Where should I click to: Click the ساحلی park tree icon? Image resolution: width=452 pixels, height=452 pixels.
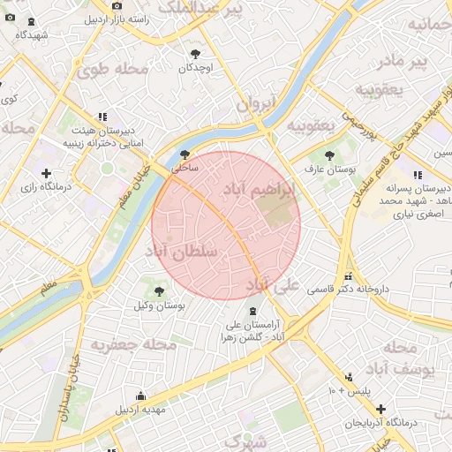coord(184,152)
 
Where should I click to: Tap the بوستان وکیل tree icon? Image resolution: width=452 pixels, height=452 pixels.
coord(160,290)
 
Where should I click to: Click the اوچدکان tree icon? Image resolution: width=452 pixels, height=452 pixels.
coord(194,54)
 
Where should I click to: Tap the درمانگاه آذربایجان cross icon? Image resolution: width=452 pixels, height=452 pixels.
coord(380,410)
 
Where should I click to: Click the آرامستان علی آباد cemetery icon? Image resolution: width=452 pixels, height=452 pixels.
coord(254,311)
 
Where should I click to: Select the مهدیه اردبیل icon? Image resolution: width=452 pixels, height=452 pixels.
coord(140,396)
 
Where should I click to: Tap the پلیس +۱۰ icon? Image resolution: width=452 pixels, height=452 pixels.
coord(350,377)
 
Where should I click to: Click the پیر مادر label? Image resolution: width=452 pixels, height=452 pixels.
coord(400,61)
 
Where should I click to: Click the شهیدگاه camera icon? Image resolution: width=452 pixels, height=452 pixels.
coord(32,23)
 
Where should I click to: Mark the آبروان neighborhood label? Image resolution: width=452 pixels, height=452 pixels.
coord(256,103)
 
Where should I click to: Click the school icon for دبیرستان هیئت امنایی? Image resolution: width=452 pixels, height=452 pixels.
coord(103,117)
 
